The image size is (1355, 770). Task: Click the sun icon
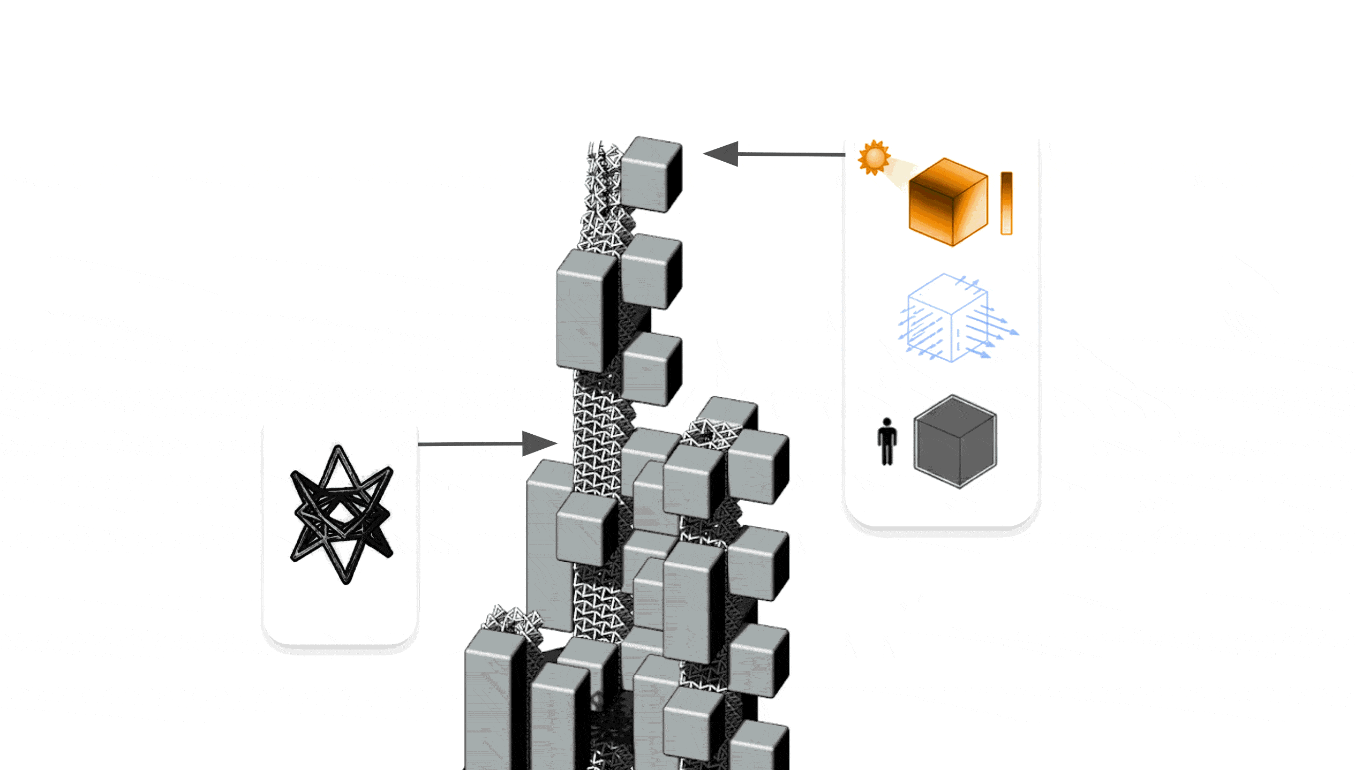874,157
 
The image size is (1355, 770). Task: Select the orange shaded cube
948,202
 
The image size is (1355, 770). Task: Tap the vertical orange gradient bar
1006,203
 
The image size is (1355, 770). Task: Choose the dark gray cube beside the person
955,442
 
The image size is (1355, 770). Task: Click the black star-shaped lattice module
342,514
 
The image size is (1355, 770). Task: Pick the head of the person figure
887,422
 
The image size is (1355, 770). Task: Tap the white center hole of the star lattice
341,513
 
